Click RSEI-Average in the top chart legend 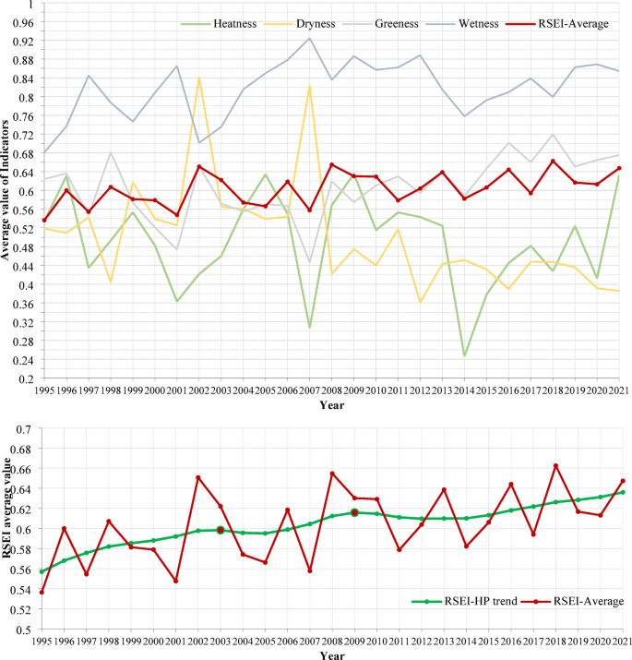[x=575, y=23]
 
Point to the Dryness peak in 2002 [x=198, y=78]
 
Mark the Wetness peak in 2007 [x=309, y=38]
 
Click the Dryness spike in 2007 [x=309, y=86]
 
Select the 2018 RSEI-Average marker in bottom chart [x=555, y=465]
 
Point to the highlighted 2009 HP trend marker [x=354, y=512]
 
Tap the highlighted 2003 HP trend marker [x=221, y=530]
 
